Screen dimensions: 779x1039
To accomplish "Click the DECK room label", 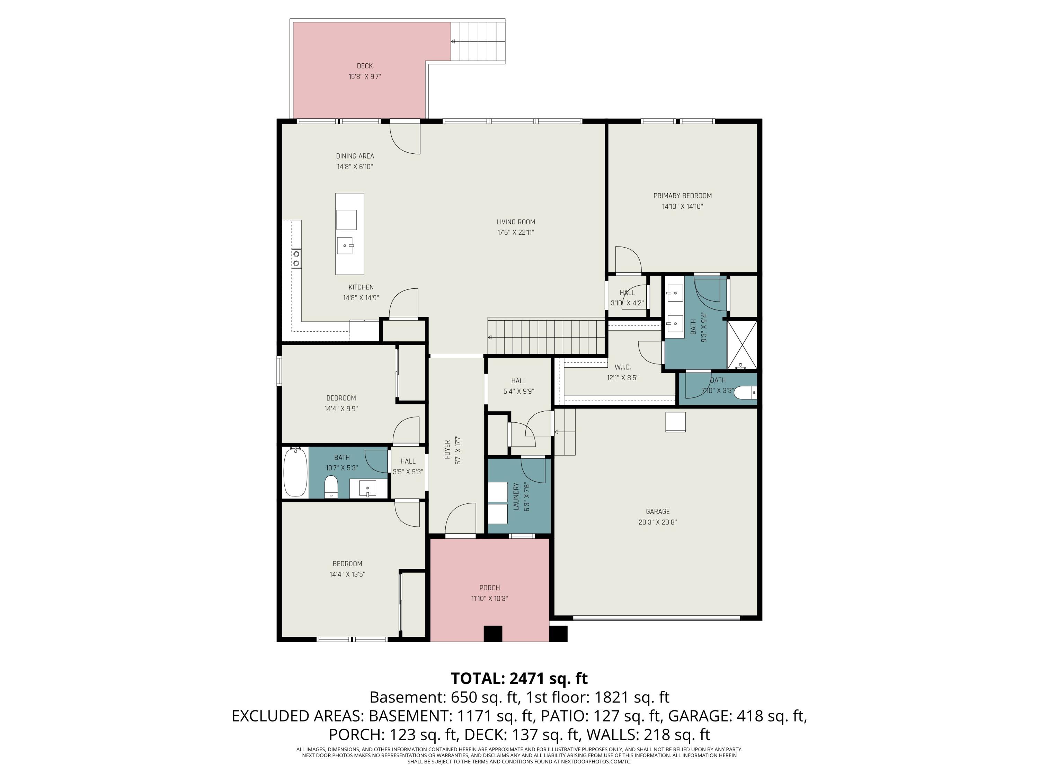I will click(364, 66).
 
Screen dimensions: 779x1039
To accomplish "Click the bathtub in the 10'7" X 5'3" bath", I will click(295, 472).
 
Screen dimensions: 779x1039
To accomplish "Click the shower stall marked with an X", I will click(742, 344).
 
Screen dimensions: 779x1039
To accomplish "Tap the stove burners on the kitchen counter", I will click(296, 259).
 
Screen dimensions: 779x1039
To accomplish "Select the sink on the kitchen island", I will click(345, 245).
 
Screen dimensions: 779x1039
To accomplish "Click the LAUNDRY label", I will click(515, 496).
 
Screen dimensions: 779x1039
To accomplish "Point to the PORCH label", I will click(489, 588).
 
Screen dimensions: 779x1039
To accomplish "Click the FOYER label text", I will click(447, 449).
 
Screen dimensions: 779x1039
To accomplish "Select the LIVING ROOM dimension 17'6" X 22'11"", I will click(516, 232).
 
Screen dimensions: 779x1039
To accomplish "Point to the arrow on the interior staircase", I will click(490, 337).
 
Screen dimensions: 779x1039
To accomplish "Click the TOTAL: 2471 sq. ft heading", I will click(519, 679).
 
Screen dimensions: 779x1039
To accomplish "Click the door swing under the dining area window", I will click(405, 138).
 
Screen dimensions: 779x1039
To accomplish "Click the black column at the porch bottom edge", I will click(493, 634).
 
